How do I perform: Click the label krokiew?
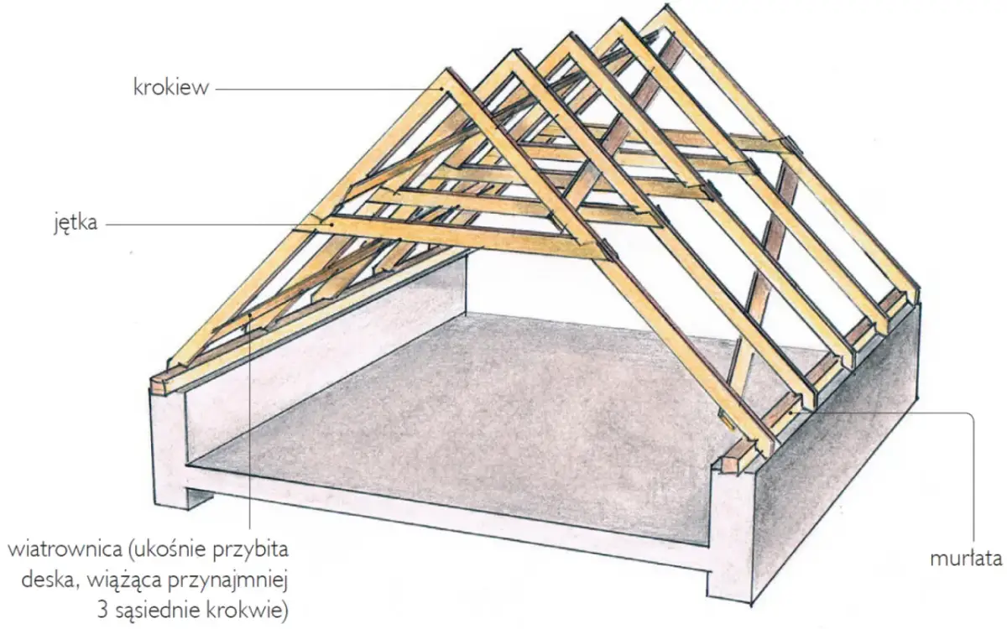[170, 87]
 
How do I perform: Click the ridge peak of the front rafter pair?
[446, 77]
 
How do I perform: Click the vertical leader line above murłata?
[973, 478]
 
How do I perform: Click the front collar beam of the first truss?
[462, 237]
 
